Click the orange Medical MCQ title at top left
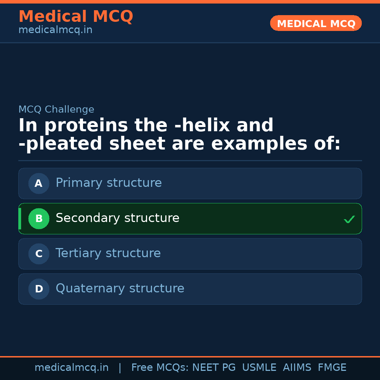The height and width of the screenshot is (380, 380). click(76, 17)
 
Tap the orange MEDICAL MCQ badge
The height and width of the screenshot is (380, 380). click(316, 24)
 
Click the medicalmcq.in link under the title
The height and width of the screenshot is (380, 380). click(55, 30)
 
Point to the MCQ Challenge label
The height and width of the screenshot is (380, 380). click(56, 110)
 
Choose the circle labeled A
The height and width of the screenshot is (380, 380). click(39, 183)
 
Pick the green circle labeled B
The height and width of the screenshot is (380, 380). click(39, 218)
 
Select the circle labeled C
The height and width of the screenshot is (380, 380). click(39, 254)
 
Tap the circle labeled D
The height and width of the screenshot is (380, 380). click(39, 289)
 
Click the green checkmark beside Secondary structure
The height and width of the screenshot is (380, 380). click(349, 219)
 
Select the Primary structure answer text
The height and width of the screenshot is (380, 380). click(109, 183)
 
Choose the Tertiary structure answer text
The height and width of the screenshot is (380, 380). click(108, 253)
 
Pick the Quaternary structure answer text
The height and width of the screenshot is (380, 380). click(120, 289)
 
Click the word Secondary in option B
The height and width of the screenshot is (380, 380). click(88, 218)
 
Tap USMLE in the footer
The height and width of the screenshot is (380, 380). click(259, 368)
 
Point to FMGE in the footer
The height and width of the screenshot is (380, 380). click(332, 368)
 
